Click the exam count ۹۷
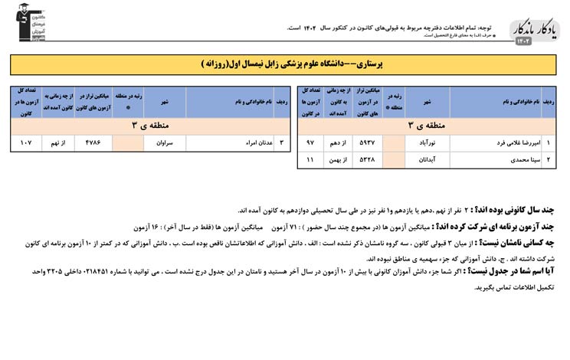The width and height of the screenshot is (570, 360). coord(310,142)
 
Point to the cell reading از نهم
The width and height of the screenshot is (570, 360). coord(59,142)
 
